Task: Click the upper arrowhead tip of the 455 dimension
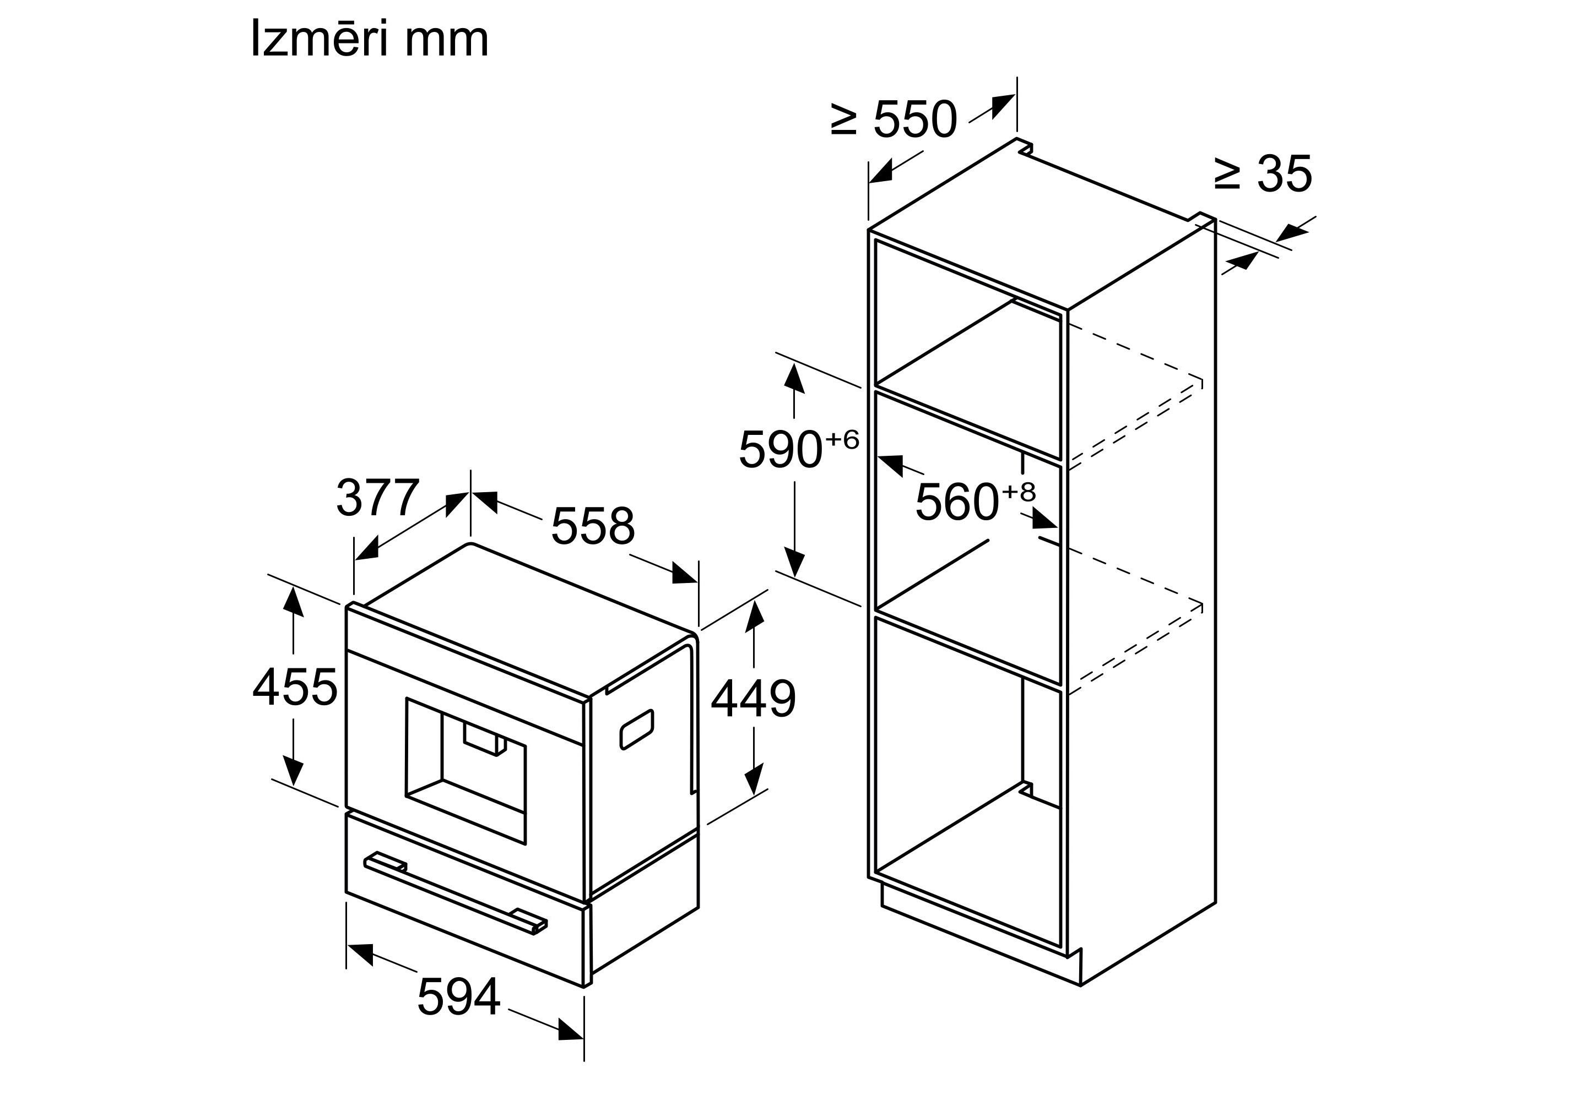tap(294, 586)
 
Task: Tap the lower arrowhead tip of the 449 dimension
tap(754, 795)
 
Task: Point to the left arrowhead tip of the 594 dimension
tap(348, 945)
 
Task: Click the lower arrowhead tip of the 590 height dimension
tap(794, 575)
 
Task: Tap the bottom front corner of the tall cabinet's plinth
tap(1080, 986)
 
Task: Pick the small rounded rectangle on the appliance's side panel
tap(637, 729)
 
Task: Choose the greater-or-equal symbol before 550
tap(844, 119)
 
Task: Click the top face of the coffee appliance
tap(527, 619)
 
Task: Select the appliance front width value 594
tap(459, 996)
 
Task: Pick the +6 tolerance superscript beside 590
tap(842, 440)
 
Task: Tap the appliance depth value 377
tap(377, 498)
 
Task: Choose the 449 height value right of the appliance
tap(753, 699)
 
